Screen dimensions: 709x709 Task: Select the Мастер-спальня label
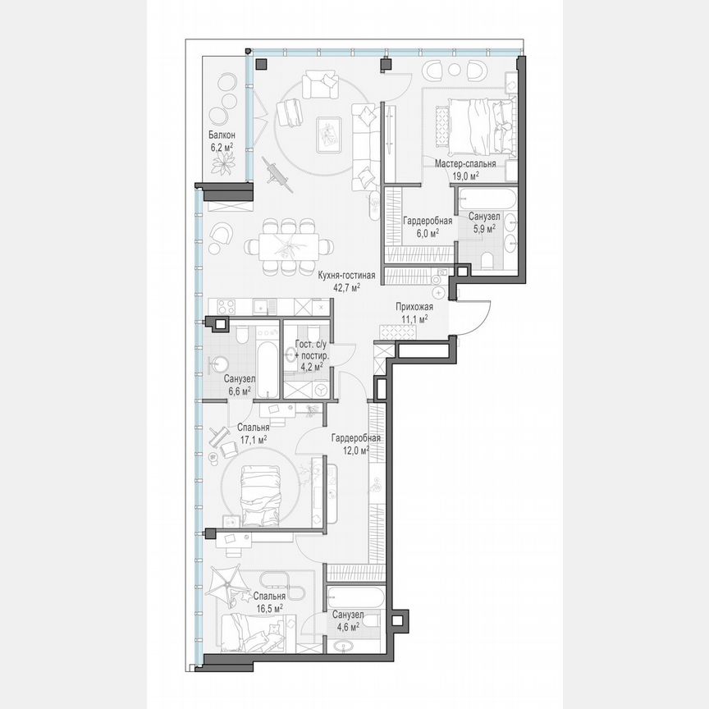pyautogui.click(x=464, y=163)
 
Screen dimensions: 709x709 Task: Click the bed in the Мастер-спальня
pyautogui.click(x=472, y=125)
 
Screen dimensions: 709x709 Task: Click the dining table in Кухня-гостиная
pyautogui.click(x=290, y=245)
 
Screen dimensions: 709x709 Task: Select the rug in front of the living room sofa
pyautogui.click(x=329, y=134)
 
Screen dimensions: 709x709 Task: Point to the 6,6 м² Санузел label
pyautogui.click(x=240, y=385)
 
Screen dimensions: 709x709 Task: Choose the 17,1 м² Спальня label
pyautogui.click(x=252, y=433)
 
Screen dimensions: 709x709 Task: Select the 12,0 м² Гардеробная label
pyautogui.click(x=354, y=443)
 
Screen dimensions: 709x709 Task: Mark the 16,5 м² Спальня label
pyautogui.click(x=268, y=602)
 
